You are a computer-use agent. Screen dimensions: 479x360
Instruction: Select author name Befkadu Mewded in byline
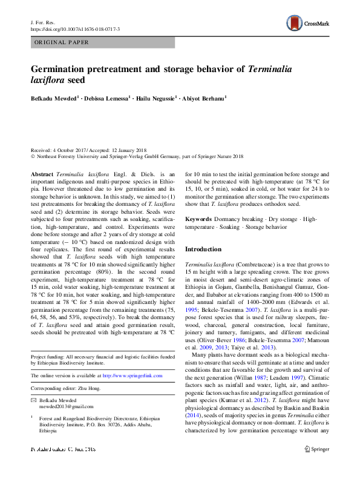pos(53,97)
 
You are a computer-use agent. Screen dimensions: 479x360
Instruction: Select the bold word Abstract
pos(41,173)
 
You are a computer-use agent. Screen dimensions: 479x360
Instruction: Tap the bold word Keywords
pos(198,218)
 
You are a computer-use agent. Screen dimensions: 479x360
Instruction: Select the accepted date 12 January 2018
pos(128,150)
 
